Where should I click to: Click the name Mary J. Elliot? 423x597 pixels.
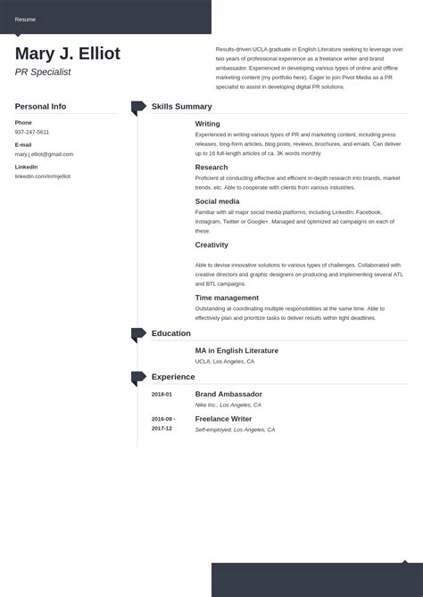click(68, 53)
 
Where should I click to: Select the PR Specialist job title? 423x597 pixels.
click(43, 72)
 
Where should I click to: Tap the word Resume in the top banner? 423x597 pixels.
click(25, 19)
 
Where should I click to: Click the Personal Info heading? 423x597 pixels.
click(40, 106)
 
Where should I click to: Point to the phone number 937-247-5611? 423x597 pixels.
click(32, 132)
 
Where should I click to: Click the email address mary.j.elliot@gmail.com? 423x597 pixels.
click(44, 154)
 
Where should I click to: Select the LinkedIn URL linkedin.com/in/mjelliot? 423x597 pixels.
click(42, 176)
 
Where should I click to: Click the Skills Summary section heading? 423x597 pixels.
click(181, 106)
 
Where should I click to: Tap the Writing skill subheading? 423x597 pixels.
click(207, 124)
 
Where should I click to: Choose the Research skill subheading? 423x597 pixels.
click(211, 167)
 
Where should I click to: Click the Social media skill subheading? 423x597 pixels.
click(217, 201)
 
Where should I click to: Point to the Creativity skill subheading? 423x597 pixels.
click(211, 244)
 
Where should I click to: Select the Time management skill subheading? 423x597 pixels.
click(227, 298)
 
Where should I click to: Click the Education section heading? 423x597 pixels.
click(170, 333)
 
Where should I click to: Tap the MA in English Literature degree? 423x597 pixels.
click(236, 350)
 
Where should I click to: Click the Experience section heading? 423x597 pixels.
click(172, 377)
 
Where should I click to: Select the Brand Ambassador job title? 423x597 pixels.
click(228, 394)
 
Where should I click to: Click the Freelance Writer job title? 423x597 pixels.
click(223, 419)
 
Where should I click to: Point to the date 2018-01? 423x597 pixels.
click(162, 394)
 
